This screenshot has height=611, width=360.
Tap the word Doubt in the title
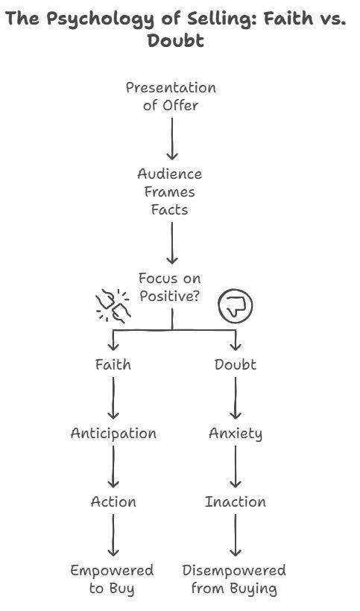click(176, 40)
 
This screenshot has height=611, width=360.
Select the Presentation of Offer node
click(171, 96)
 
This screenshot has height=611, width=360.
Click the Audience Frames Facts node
click(171, 191)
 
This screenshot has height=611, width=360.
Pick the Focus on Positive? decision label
click(170, 287)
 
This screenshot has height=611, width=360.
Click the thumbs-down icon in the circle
click(236, 304)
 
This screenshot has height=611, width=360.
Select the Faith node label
click(113, 364)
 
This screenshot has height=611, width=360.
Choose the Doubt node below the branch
click(236, 364)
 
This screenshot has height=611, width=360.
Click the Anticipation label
click(113, 433)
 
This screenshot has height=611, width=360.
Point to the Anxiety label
click(236, 433)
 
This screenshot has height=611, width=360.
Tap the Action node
click(113, 501)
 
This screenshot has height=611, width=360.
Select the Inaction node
click(236, 501)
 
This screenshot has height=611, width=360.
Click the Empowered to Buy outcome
click(113, 580)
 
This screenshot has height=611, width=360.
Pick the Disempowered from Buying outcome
click(235, 580)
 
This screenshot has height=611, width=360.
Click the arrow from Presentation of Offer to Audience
click(172, 138)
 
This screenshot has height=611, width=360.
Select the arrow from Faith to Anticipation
click(113, 399)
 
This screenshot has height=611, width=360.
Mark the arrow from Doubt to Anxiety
click(236, 399)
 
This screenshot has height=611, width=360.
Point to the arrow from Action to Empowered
click(113, 535)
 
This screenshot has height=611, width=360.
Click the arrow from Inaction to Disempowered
click(236, 535)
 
